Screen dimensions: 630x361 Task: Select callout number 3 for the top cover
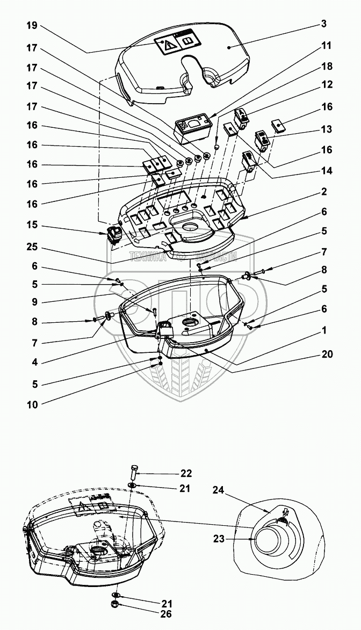(324, 24)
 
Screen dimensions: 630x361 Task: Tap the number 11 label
(327, 47)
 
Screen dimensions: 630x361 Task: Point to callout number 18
(327, 66)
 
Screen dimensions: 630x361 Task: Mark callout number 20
(327, 354)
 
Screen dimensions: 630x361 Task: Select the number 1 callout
(324, 332)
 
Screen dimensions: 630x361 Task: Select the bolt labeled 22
(134, 474)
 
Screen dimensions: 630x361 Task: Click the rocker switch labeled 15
(114, 235)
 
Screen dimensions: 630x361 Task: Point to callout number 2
(324, 192)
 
